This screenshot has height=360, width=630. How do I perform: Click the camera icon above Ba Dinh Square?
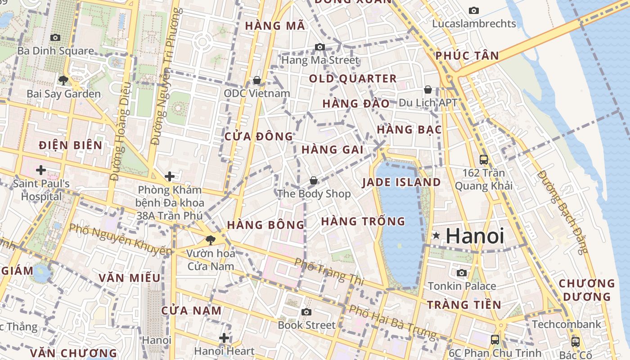(55, 38)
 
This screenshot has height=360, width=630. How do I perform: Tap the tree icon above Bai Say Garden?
(63, 81)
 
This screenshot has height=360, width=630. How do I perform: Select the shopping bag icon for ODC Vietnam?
(257, 80)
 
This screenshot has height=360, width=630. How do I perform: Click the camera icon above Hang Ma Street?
(320, 47)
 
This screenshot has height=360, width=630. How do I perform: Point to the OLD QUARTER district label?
(353, 79)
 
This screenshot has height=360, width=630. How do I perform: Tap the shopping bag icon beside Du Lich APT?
(428, 90)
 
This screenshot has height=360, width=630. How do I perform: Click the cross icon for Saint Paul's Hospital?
(41, 170)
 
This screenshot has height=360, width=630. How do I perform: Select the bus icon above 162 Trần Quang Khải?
(484, 159)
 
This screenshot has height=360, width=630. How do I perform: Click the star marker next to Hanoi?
(436, 235)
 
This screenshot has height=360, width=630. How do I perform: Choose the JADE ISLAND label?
(401, 182)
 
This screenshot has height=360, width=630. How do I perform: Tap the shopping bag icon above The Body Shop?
(314, 180)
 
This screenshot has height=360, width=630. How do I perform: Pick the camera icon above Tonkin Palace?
(462, 273)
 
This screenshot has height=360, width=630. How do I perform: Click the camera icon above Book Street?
(306, 312)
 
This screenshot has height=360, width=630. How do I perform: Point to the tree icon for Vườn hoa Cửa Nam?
(210, 240)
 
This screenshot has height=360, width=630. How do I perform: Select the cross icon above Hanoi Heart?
(224, 338)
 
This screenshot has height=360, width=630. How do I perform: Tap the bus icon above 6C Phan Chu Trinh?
(495, 340)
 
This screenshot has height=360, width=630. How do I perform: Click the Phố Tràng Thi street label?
(329, 271)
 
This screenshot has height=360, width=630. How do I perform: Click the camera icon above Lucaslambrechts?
(474, 10)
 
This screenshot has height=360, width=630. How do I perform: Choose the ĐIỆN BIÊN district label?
(71, 145)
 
